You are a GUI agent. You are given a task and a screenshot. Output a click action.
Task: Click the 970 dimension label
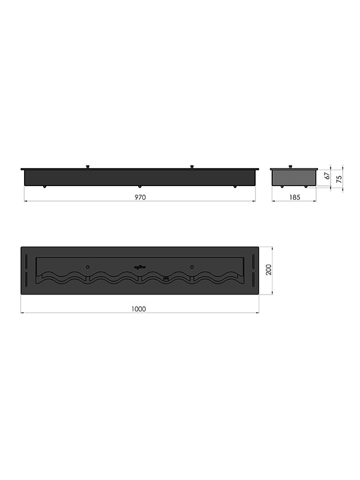pyautogui.click(x=140, y=197)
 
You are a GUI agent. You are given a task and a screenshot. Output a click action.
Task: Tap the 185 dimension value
pyautogui.click(x=295, y=197)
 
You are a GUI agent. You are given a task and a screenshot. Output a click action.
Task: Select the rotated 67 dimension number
pyautogui.click(x=327, y=176)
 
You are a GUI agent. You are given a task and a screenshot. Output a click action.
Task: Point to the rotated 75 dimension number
pyautogui.click(x=339, y=179)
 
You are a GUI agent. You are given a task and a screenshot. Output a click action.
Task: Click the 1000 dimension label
pyautogui.click(x=139, y=309)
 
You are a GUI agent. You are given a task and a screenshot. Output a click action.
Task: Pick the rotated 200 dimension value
pyautogui.click(x=268, y=269)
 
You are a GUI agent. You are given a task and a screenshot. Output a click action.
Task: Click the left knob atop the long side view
pyautogui.click(x=88, y=167)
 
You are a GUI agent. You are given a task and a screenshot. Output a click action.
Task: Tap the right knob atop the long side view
pyautogui.click(x=192, y=167)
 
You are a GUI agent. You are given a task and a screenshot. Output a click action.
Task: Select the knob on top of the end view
pyautogui.click(x=290, y=167)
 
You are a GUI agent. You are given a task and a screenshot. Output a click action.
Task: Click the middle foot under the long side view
pyautogui.click(x=140, y=187)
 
